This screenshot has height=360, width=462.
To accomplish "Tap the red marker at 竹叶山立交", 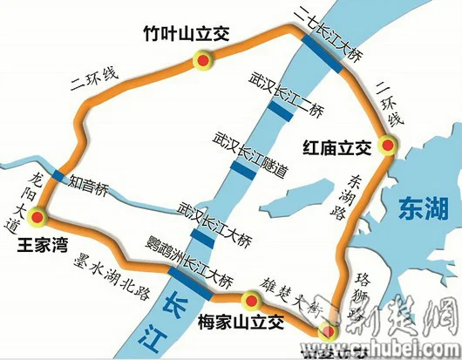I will [x=203, y=60].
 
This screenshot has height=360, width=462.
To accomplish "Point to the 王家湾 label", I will [x=44, y=245].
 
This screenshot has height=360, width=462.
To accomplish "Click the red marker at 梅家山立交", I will [x=251, y=302].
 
